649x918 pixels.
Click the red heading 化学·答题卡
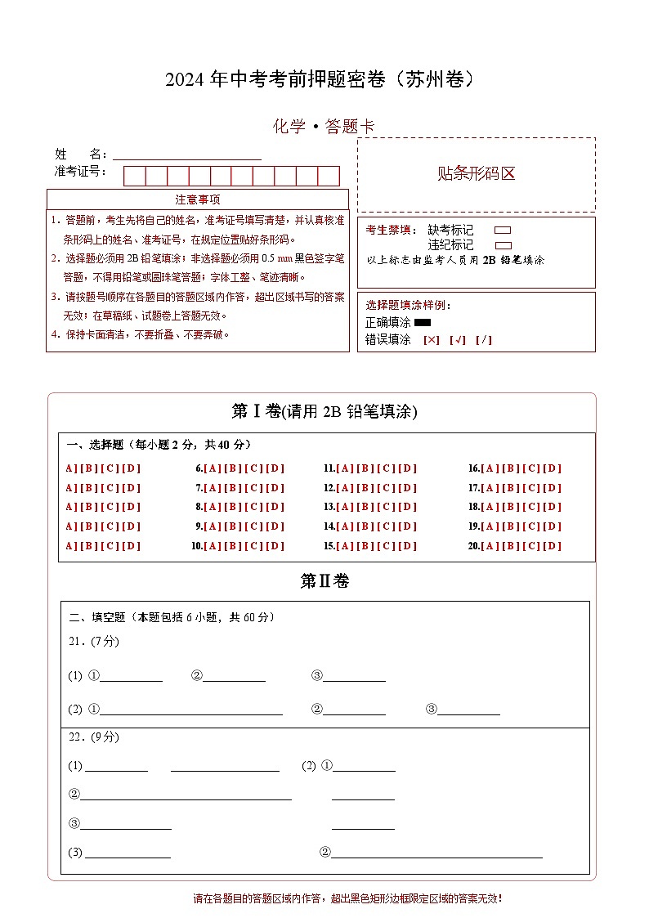(x=324, y=127)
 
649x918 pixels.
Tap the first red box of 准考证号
(x=135, y=176)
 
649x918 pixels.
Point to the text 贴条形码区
(x=477, y=173)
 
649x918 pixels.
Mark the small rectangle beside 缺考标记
(x=504, y=231)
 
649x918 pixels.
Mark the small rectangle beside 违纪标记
(x=504, y=245)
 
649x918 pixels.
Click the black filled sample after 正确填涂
(x=423, y=323)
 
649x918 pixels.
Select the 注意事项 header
(x=198, y=199)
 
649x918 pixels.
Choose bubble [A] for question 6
(x=213, y=468)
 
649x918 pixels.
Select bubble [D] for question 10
(x=276, y=546)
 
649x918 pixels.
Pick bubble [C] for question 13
(x=387, y=507)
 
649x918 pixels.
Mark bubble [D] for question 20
(x=553, y=546)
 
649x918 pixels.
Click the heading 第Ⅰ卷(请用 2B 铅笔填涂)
(x=324, y=411)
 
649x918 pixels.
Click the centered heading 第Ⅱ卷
(x=324, y=581)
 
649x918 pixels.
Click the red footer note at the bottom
(x=347, y=898)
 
